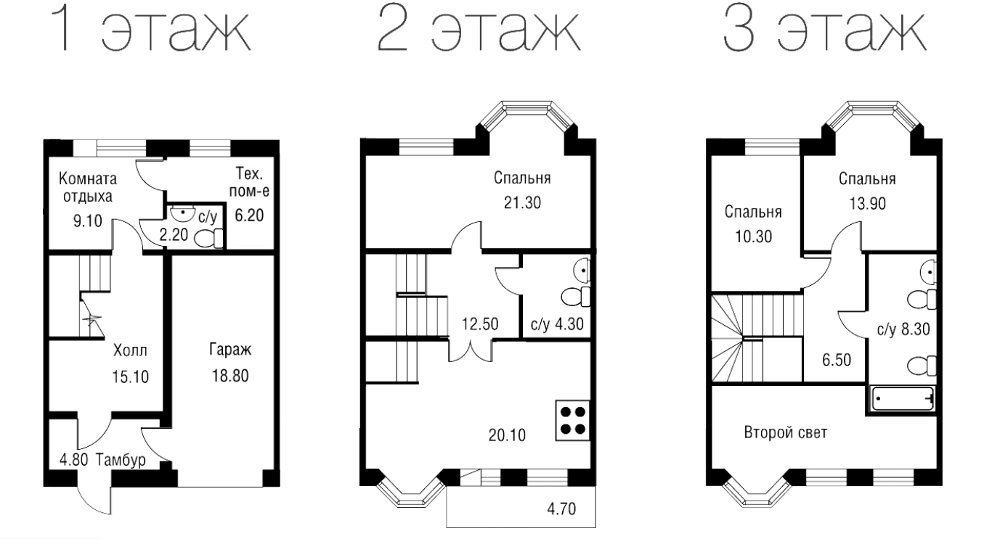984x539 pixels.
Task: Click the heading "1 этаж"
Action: tap(150, 30)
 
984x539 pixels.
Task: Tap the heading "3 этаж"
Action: tap(825, 30)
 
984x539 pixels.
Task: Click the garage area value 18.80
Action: tap(230, 376)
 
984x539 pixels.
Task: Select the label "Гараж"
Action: tap(230, 350)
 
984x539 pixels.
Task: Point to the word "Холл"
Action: tap(130, 350)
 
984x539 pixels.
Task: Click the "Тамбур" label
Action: tap(121, 459)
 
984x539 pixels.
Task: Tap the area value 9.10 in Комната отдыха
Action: tap(87, 221)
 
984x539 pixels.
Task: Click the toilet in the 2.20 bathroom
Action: tap(208, 239)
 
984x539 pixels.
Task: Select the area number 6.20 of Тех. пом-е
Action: tap(249, 215)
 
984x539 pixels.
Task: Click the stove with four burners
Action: tap(573, 420)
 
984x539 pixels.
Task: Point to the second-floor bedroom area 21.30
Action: tap(522, 203)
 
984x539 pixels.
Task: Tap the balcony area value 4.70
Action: tap(561, 509)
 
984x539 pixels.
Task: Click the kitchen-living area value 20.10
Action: tap(507, 435)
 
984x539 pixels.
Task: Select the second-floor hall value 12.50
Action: tap(480, 324)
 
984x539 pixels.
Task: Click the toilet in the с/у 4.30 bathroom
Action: tap(575, 296)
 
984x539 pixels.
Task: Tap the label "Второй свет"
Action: tap(786, 433)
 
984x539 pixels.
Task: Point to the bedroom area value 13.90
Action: tap(868, 204)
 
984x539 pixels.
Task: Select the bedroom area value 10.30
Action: tap(753, 236)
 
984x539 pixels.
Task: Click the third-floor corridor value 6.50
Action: tap(837, 360)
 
